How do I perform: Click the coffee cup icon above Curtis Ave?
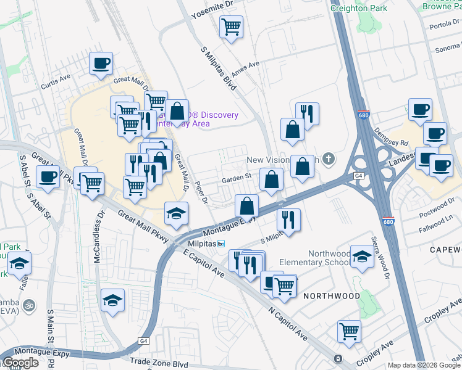pyautogui.click(x=101, y=63)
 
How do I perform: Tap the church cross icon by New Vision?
pyautogui.click(x=329, y=159)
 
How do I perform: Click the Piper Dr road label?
pyautogui.click(x=201, y=191)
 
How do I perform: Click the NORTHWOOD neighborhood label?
pyautogui.click(x=331, y=296)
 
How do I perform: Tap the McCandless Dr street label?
pyautogui.click(x=98, y=238)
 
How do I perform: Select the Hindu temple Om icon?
pyautogui.click(x=28, y=304)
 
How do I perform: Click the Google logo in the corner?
pyautogui.click(x=20, y=363)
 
